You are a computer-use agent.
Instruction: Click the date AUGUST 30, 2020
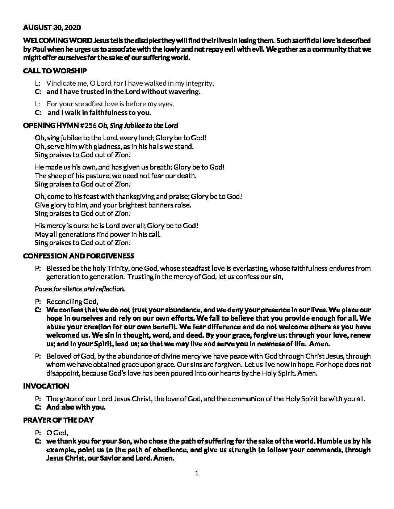52,27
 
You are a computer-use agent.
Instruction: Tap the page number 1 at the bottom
197,473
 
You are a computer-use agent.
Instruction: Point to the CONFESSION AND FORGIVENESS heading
79,256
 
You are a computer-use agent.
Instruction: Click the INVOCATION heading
46,386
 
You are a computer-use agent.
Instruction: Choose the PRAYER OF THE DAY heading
58,420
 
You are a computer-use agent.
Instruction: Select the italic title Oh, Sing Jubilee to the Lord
138,126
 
